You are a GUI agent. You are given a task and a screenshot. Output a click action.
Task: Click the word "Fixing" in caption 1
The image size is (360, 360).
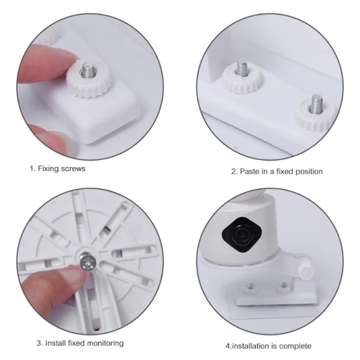pos(48,168)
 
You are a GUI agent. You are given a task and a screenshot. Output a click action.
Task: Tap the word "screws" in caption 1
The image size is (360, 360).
pos(73,168)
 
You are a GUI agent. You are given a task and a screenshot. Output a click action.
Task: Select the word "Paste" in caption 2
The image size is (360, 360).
pos(249,171)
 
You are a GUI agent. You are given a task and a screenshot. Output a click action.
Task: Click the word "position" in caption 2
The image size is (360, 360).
pos(308,171)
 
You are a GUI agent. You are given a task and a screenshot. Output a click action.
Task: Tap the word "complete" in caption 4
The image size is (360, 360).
pos(296,346)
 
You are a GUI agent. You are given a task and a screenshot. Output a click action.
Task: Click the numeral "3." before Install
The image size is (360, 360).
pos(39,343)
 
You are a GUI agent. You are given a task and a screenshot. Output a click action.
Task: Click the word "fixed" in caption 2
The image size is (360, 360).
pos(283,171)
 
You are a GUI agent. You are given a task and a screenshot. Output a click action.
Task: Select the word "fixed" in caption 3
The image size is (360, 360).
pos(77,343)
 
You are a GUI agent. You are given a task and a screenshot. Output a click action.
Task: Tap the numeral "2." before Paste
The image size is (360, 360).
pos(233,171)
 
